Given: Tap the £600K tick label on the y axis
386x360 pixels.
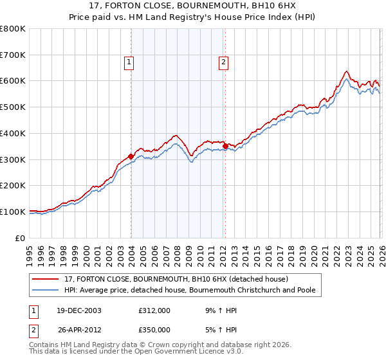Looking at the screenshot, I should coord(13,81).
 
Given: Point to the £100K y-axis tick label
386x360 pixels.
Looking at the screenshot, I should coord(13,212).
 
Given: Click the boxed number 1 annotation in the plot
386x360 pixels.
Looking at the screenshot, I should coord(129,62).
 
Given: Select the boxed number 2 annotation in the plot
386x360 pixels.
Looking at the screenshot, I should coord(223,62).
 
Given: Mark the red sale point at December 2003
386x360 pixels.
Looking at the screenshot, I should coord(131,156).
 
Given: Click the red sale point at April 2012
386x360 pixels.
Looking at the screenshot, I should coord(225,146).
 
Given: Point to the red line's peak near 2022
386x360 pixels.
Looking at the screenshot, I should coord(346,71).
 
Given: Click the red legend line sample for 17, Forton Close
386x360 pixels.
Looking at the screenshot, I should coord(46,279).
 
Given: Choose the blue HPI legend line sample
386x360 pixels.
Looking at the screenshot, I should coord(46,291).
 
